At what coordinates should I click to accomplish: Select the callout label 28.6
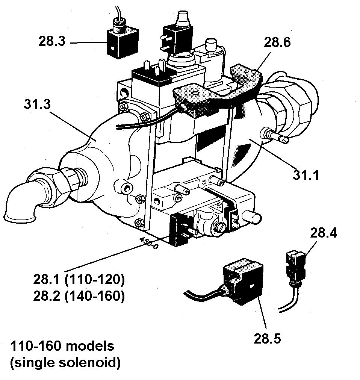tap(277, 42)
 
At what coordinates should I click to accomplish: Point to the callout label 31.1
tap(307, 174)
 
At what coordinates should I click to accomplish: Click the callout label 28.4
tap(324, 233)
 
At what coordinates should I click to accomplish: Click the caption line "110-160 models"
tap(62, 346)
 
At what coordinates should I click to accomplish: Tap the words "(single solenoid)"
tap(66, 363)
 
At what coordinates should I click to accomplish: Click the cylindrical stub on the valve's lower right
tap(252, 217)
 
